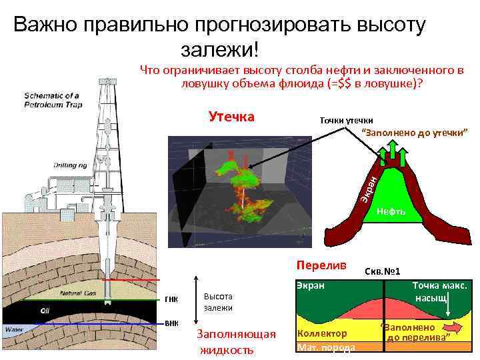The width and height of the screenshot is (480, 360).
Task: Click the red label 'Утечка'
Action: (231, 117)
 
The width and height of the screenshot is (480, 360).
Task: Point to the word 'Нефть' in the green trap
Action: (391, 211)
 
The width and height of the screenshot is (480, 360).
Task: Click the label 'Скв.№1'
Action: (383, 272)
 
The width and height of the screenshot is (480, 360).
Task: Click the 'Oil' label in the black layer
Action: (46, 311)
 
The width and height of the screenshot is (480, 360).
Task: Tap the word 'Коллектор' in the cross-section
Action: (323, 333)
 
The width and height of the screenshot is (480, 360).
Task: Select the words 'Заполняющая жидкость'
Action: (228, 341)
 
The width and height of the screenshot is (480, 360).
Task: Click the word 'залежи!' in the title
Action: (219, 51)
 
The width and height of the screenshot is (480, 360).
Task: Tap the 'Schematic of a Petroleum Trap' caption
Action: (52, 99)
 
